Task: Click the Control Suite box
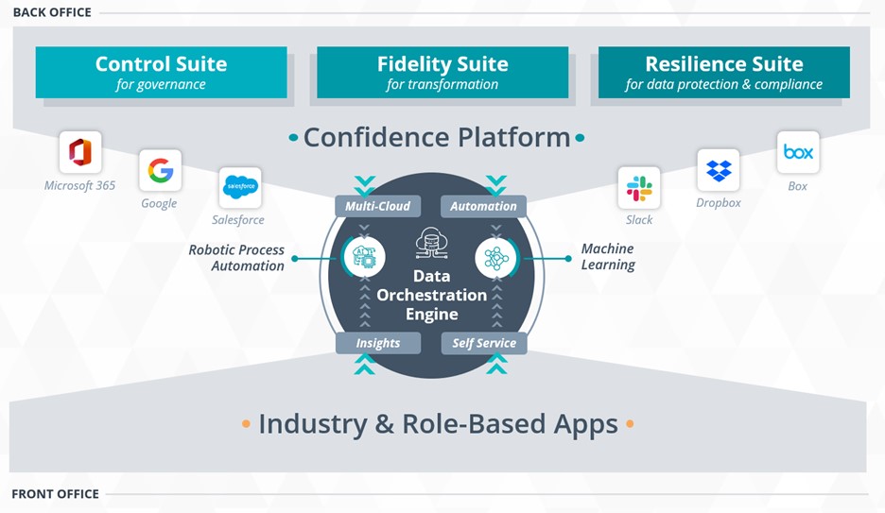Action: point(161,73)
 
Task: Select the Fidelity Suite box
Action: point(442,73)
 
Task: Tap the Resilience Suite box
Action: point(723,73)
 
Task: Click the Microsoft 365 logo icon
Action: point(80,152)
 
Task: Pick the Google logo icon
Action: point(160,170)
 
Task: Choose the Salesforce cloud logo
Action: point(239,187)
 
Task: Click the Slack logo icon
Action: point(639,187)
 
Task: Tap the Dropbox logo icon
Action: point(719,170)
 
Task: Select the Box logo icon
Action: point(798,152)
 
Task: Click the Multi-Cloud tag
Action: point(377,206)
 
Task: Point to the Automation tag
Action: point(483,206)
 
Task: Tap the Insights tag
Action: point(378,343)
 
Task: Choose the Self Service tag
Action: point(483,343)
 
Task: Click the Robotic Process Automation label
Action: point(236,258)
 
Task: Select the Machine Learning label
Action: point(607,257)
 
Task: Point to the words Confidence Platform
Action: point(436,137)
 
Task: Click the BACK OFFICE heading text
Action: point(52,12)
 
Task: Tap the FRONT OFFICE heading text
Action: point(55,494)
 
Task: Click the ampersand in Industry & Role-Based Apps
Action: point(384,423)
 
